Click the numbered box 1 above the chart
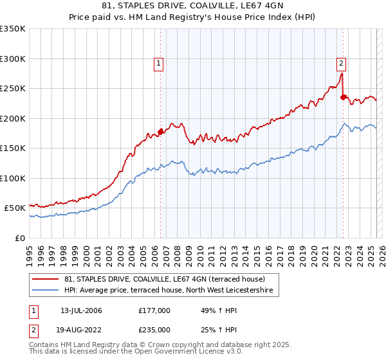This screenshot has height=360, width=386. pos(158,63)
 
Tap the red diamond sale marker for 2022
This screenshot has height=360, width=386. pos(344,97)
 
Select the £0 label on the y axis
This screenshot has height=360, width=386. pos(21,238)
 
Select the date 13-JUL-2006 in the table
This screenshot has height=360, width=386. pos(81,310)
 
